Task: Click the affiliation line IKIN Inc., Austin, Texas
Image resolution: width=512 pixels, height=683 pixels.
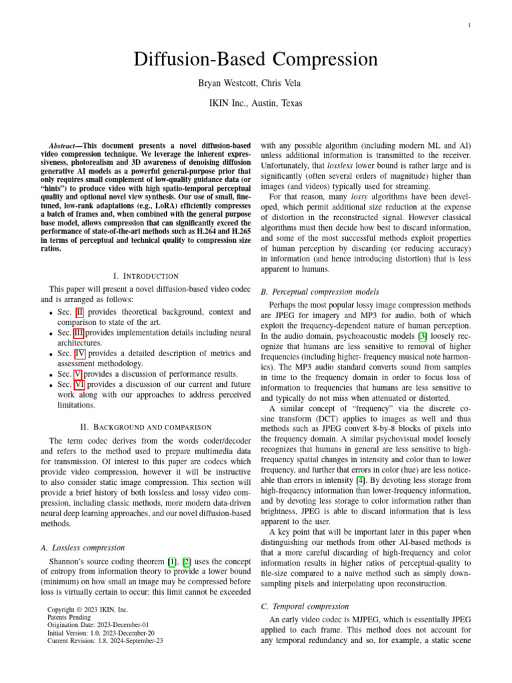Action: [256, 103]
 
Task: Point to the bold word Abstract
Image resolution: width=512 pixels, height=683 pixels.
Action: [65, 145]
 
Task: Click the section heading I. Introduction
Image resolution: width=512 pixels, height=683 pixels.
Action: [146, 275]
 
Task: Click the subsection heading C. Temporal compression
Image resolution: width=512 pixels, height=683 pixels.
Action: [305, 606]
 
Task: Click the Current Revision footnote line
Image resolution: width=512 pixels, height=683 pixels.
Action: [105, 641]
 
